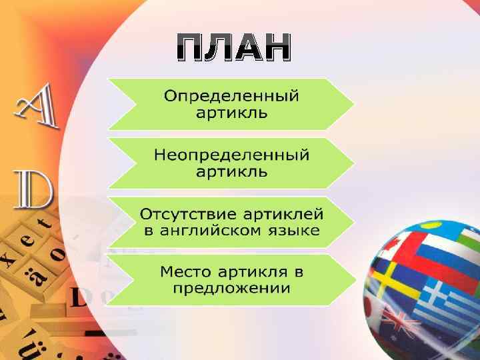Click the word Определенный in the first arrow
click(x=231, y=95)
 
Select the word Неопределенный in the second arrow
click(x=231, y=155)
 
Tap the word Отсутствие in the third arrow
click(x=180, y=214)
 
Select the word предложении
click(x=231, y=289)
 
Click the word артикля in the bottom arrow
click(x=257, y=272)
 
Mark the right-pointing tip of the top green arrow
click(x=353, y=104)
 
